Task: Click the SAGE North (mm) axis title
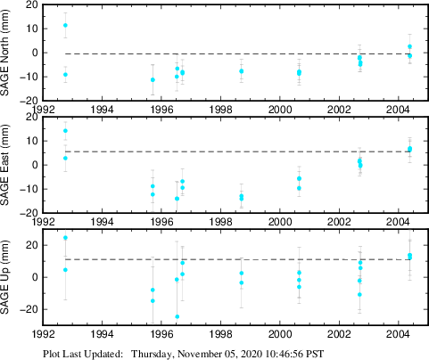point(9,53)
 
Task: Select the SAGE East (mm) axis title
point(9,165)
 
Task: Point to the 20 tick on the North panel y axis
point(31,4)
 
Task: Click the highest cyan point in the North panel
point(65,25)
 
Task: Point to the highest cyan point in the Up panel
point(65,238)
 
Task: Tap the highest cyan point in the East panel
point(65,131)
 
